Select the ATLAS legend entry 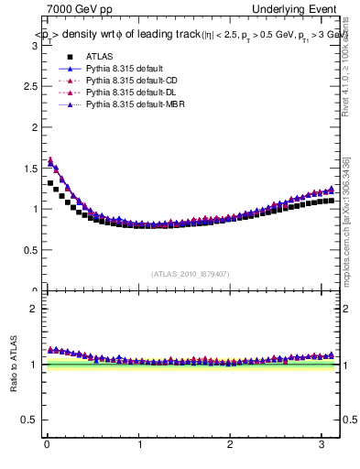pyautogui.click(x=99, y=57)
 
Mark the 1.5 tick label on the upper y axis pyautogui.click(x=29, y=167)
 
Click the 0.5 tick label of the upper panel pyautogui.click(x=29, y=250)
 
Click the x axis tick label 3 pyautogui.click(x=322, y=446)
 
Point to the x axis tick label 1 pyautogui.click(x=139, y=446)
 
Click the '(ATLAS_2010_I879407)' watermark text pyautogui.click(x=190, y=273)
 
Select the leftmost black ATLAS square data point pyautogui.click(x=50, y=183)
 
